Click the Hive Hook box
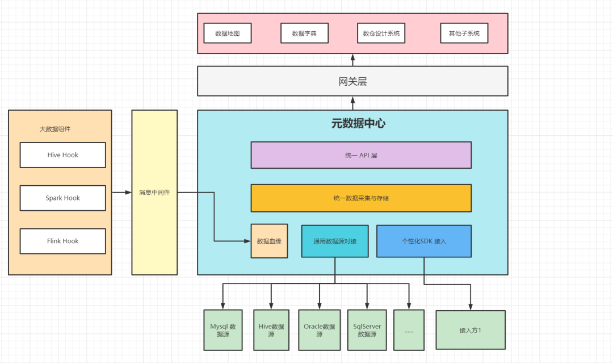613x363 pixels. (62, 155)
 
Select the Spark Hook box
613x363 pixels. (62, 198)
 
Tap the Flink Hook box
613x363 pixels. (62, 241)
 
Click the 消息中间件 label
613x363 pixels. (154, 193)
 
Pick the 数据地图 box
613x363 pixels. (227, 34)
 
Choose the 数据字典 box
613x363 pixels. (304, 34)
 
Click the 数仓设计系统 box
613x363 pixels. (381, 34)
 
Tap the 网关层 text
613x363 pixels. (352, 81)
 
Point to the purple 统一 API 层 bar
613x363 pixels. (361, 155)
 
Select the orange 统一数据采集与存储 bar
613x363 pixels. (361, 198)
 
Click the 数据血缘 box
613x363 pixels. (269, 241)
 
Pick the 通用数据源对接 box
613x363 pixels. (335, 241)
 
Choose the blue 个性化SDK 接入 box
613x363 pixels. (424, 241)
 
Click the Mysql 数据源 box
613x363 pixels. (223, 330)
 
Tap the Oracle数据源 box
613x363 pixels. (319, 330)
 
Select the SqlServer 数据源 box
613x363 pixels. (367, 330)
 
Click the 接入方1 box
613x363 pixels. (470, 330)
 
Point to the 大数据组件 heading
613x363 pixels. (55, 129)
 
